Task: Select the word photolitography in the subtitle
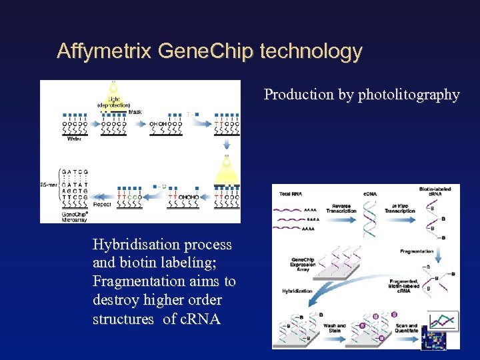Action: [409, 95]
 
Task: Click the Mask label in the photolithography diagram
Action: [135, 112]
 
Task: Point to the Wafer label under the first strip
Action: [74, 139]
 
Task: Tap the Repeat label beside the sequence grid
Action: [102, 205]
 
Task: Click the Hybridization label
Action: [297, 291]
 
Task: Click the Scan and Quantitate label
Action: [407, 329]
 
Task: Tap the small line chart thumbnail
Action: [443, 321]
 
